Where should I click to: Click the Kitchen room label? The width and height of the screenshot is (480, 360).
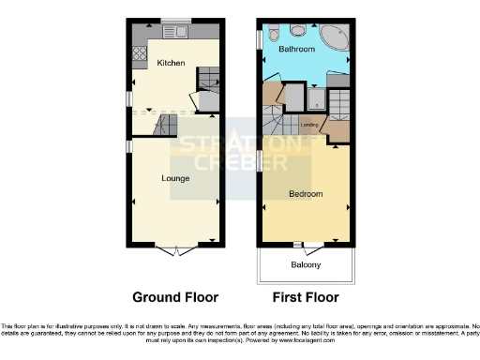point(171,63)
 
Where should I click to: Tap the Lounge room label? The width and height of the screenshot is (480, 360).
point(175,177)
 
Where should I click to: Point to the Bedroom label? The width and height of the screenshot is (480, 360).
point(306,194)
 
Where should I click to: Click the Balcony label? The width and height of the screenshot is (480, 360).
point(305,265)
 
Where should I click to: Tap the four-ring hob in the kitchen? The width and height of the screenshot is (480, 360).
point(140,54)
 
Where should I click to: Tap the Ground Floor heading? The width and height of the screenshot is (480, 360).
point(175,298)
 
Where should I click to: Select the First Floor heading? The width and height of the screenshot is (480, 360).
point(306,298)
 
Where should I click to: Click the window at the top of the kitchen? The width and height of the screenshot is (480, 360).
point(174,21)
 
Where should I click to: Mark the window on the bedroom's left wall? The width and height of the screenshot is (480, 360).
point(261,162)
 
